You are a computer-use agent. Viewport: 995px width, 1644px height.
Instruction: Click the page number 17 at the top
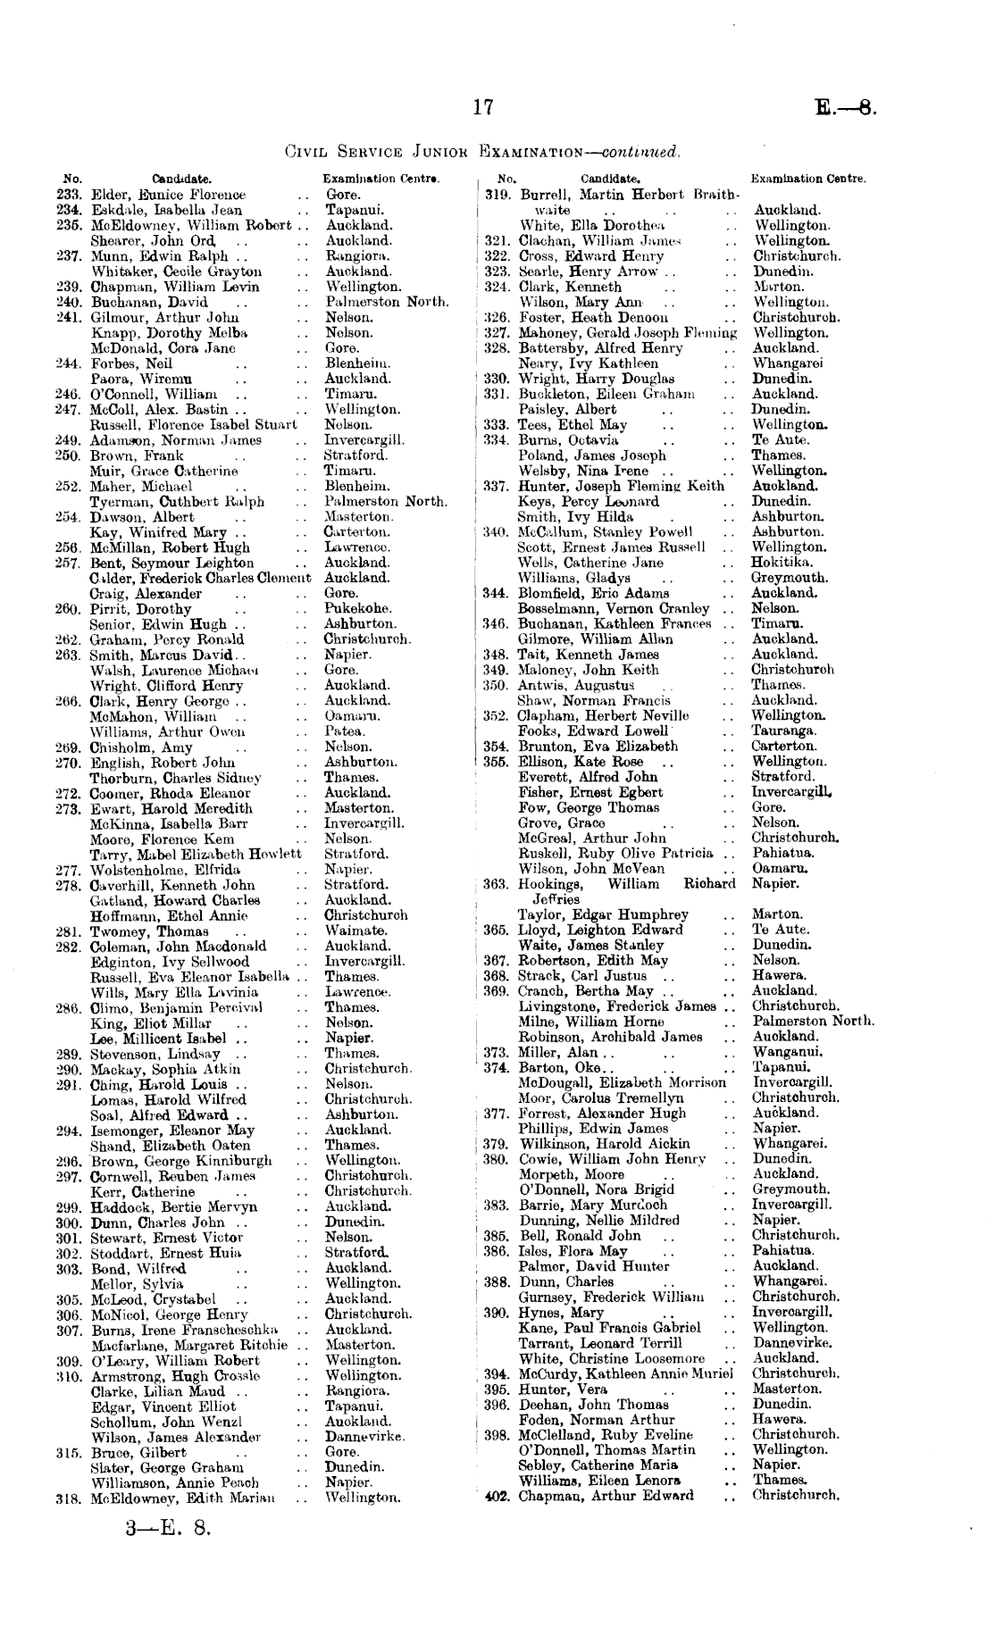pos(483,108)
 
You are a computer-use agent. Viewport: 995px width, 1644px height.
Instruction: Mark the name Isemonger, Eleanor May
pos(172,1130)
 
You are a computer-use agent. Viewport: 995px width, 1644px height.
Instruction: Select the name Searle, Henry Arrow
pos(589,271)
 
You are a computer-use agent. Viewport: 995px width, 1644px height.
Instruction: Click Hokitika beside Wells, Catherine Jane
pos(782,563)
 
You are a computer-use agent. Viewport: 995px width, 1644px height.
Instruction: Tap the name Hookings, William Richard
pos(627,884)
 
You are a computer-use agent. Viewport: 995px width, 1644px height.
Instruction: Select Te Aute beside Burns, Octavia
pos(780,440)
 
